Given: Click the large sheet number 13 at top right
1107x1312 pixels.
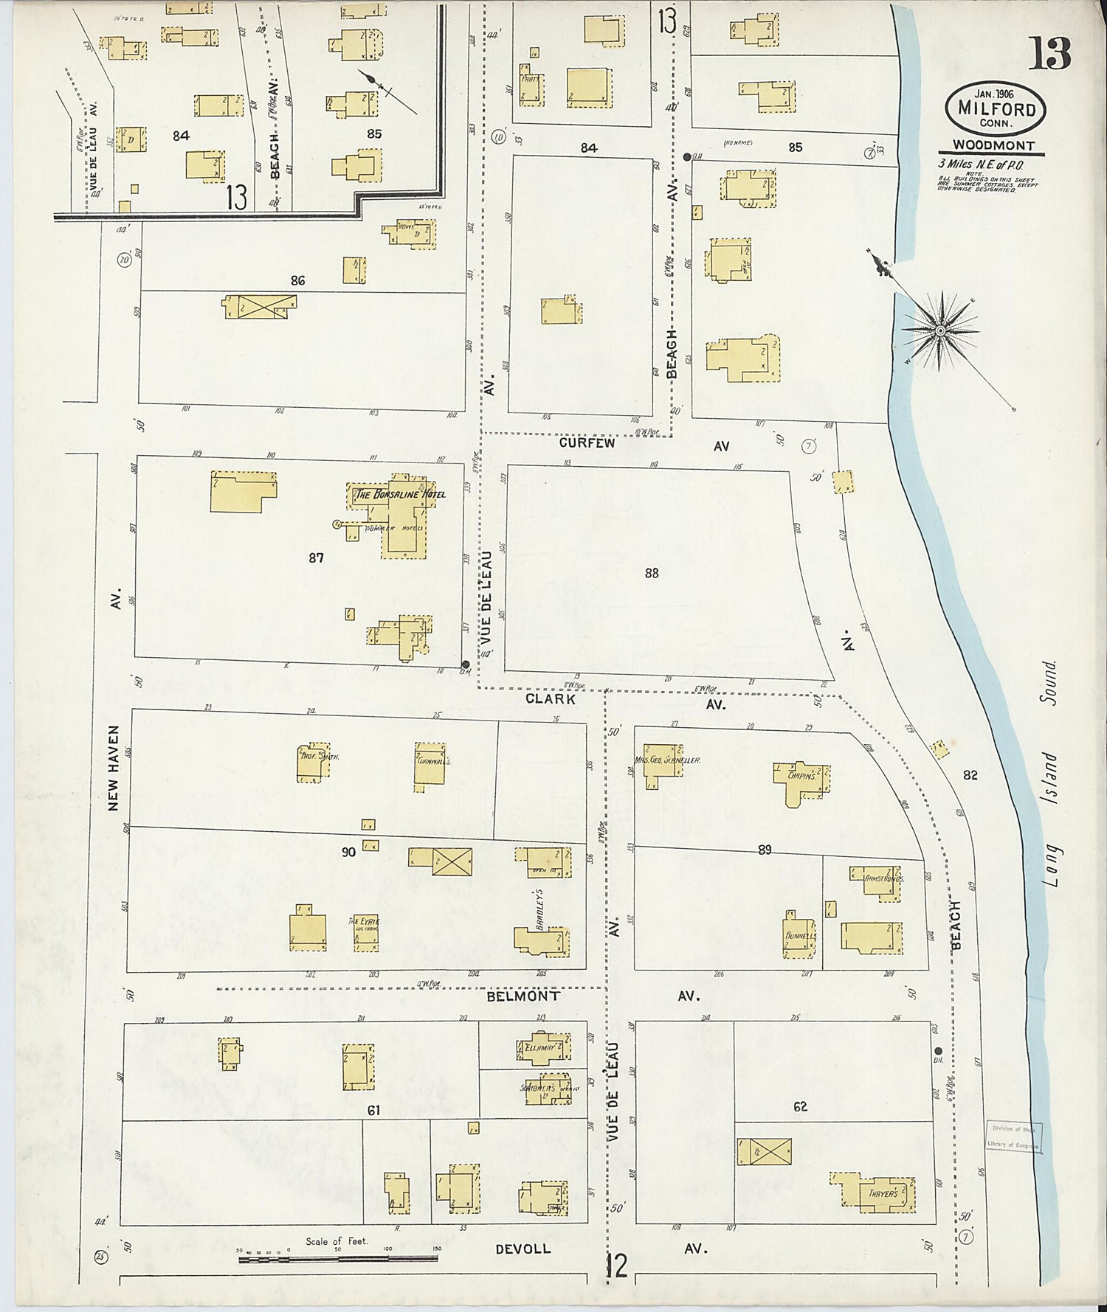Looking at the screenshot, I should coord(1050,53).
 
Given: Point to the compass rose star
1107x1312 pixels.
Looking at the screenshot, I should coord(939,331).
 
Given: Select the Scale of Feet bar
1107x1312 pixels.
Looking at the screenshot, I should coord(338,1258).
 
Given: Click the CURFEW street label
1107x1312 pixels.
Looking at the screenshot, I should coord(587,444).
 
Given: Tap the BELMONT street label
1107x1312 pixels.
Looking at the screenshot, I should coord(523,996).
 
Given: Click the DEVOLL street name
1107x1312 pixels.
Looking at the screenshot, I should coord(523,1249).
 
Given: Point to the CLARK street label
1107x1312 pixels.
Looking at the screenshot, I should coord(550,698).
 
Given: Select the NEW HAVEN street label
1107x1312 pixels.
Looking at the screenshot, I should coord(113,768).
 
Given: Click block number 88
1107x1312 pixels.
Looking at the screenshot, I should coord(651,572).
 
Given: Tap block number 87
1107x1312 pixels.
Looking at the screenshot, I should coord(316,558).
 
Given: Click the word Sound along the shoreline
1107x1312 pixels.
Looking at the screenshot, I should coord(1050,682).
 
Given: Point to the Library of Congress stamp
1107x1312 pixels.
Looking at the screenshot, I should coord(1013,1137).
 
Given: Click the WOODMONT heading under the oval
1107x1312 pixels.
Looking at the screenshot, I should coord(993,146).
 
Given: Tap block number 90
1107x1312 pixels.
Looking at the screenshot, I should coord(348,852).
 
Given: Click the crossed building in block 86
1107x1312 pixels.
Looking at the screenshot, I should coord(262,305).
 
